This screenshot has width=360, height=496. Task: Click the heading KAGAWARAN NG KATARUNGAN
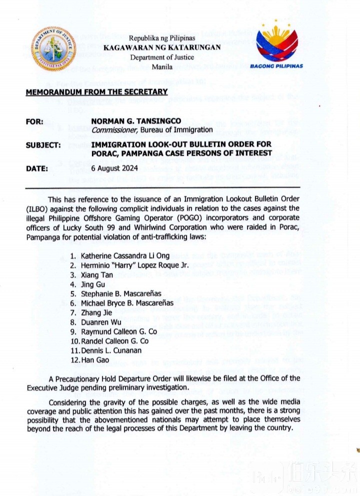click(x=162, y=48)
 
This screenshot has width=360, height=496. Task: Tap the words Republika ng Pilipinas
click(x=162, y=39)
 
